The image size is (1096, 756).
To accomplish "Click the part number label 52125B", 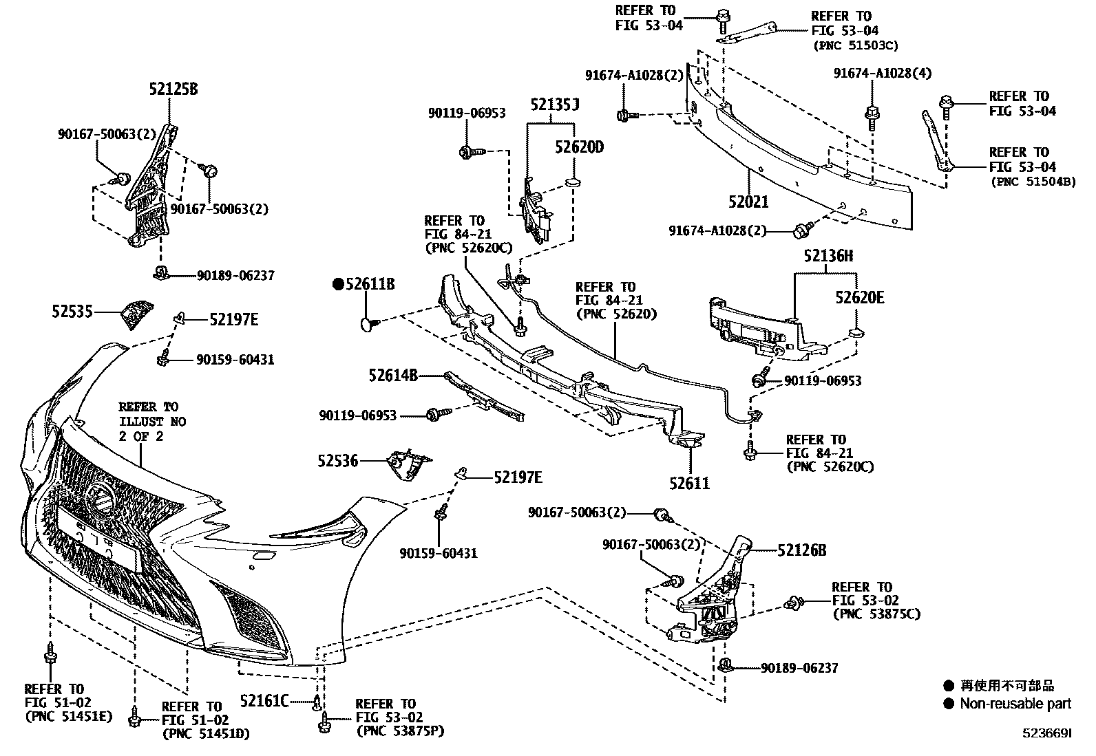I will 173,89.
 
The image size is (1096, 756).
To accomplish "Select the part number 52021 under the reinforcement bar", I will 748,202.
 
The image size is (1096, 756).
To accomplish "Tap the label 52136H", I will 828,257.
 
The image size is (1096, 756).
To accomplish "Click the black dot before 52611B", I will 338,284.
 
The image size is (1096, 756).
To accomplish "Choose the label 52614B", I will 392,376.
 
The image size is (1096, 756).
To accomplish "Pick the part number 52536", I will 338,460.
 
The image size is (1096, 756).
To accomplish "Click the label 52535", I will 72,312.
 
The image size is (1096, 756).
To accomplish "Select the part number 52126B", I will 802,550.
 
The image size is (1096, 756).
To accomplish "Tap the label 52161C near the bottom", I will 264,701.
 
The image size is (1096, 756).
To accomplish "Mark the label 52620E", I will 860,297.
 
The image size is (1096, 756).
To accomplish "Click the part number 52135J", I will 554,105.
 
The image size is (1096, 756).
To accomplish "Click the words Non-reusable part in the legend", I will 1015,704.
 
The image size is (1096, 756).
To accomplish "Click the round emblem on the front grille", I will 101,497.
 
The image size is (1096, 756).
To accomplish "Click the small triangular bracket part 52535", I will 135,314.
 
